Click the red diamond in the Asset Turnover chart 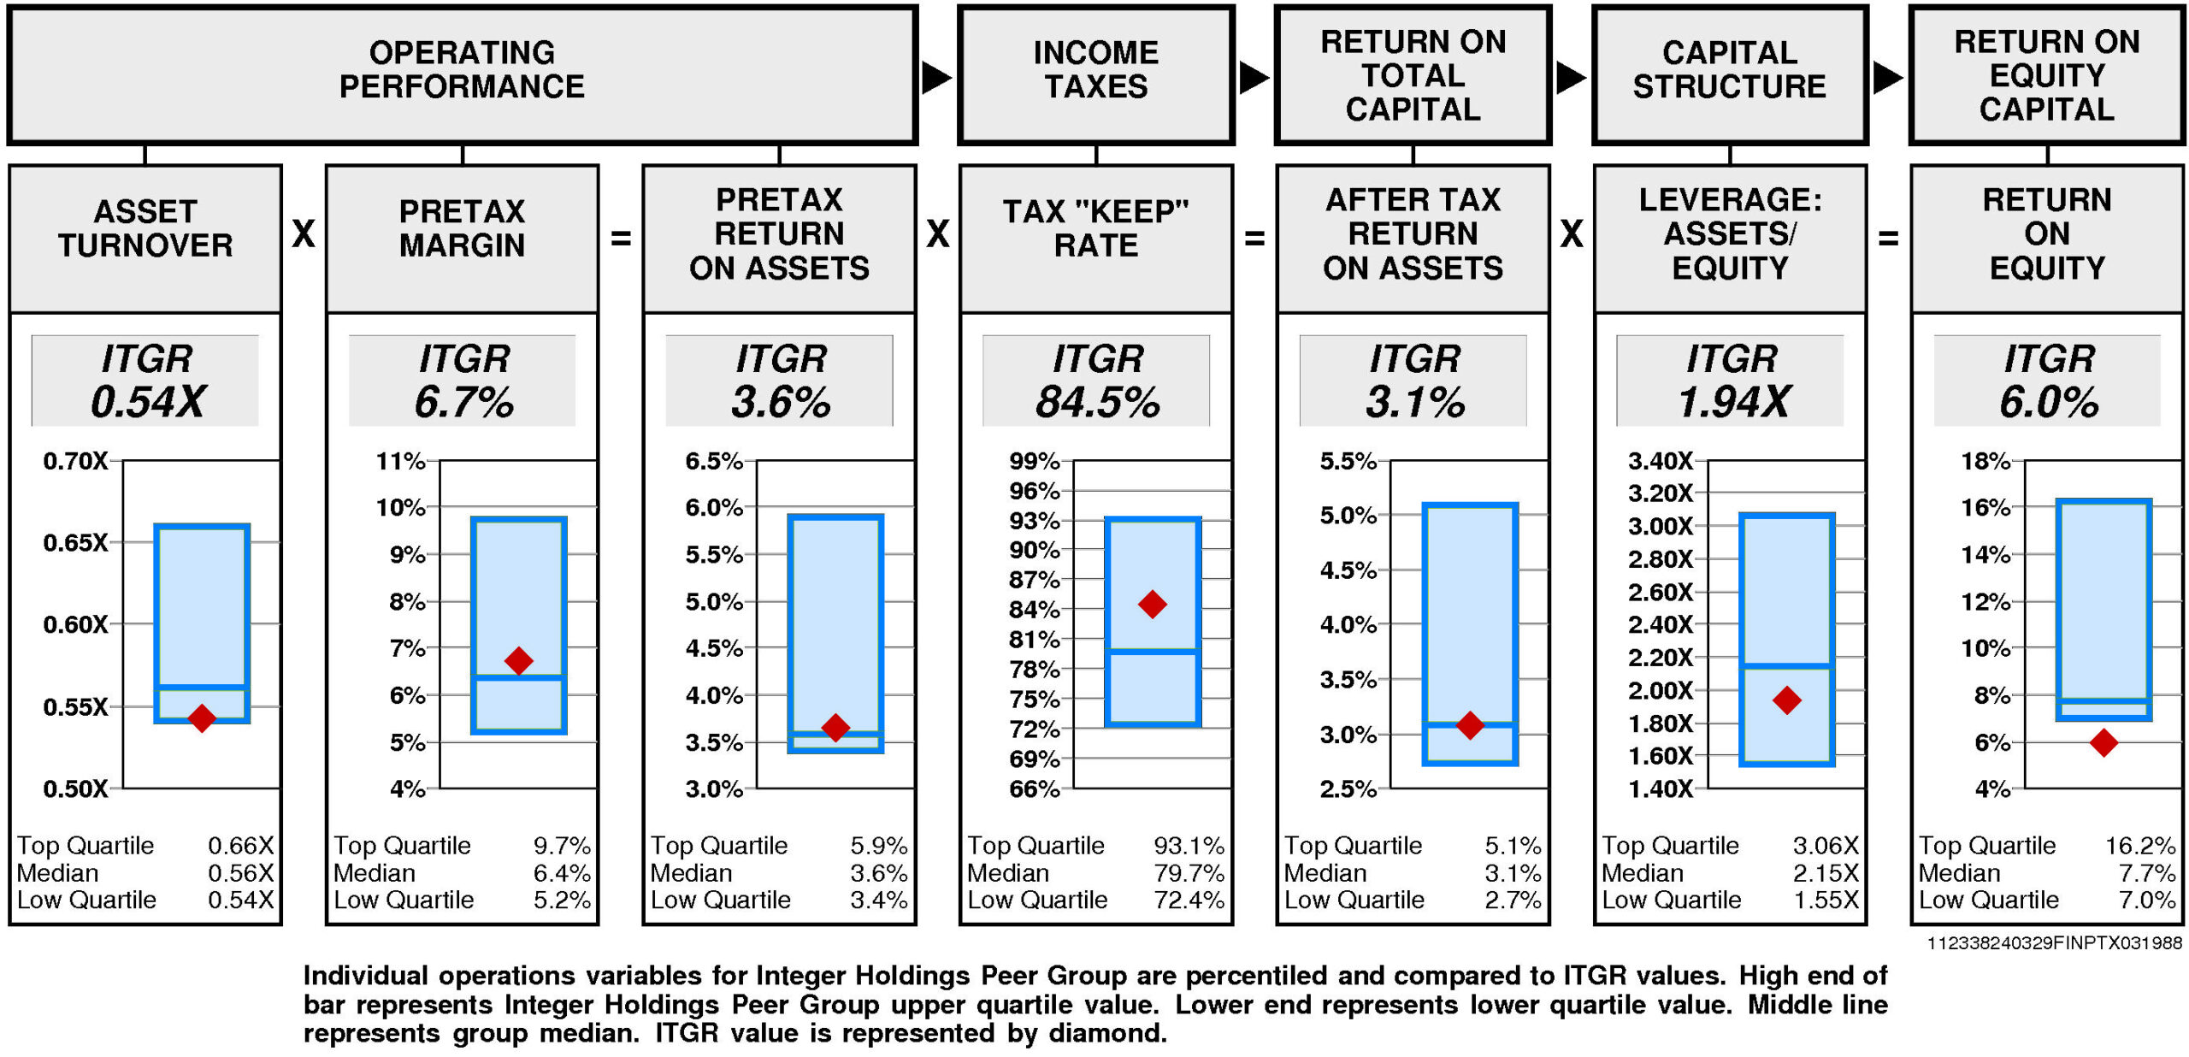[x=202, y=717]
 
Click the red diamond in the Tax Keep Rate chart [x=1153, y=605]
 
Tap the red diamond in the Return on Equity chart [x=2103, y=742]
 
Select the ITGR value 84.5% [x=1097, y=402]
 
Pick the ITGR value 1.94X [x=1732, y=402]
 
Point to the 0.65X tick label [x=75, y=543]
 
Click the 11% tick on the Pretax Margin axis [x=400, y=462]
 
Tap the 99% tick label [x=1034, y=462]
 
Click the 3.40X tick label [x=1660, y=462]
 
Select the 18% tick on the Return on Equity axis [x=1985, y=462]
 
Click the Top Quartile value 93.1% [x=1189, y=846]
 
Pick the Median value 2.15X [x=1825, y=873]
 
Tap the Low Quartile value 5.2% [x=562, y=900]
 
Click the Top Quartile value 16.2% [x=2139, y=846]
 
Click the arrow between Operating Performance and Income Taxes [x=936, y=78]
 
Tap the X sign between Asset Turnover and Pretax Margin [x=304, y=233]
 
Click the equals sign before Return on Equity [x=1888, y=239]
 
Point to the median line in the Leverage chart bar [x=1787, y=665]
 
